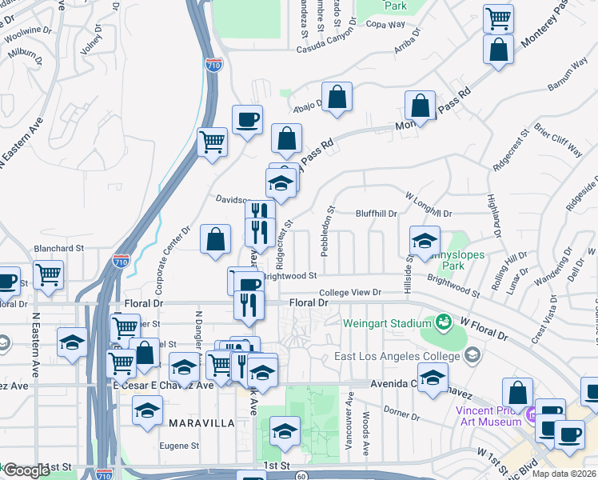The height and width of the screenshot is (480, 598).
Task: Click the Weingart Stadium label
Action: (x=383, y=324)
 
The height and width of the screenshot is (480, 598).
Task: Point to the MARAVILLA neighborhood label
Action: (x=201, y=422)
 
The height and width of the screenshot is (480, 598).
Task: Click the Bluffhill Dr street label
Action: (x=377, y=214)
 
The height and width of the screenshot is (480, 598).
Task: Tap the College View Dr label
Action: (x=351, y=293)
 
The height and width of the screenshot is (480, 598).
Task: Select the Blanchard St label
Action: (x=58, y=249)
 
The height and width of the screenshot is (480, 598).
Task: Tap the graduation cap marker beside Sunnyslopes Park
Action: (x=425, y=239)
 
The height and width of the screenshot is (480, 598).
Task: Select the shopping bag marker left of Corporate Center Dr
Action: (x=216, y=238)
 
